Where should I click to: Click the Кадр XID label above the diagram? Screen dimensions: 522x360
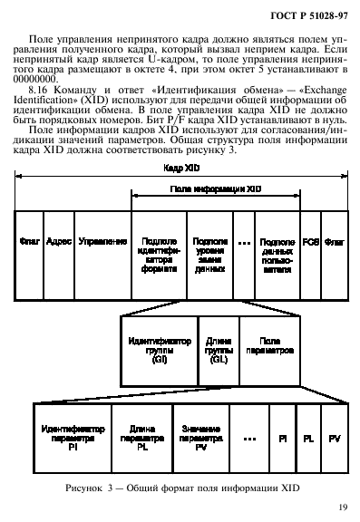(180, 169)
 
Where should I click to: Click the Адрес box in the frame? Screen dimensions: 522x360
(58, 244)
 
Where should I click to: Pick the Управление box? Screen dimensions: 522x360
(102, 244)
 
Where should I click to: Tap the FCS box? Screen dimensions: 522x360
(310, 244)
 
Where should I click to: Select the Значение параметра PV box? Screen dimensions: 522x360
(200, 439)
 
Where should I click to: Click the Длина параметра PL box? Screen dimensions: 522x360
(142, 439)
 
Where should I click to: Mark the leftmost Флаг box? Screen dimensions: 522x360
(27, 244)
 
